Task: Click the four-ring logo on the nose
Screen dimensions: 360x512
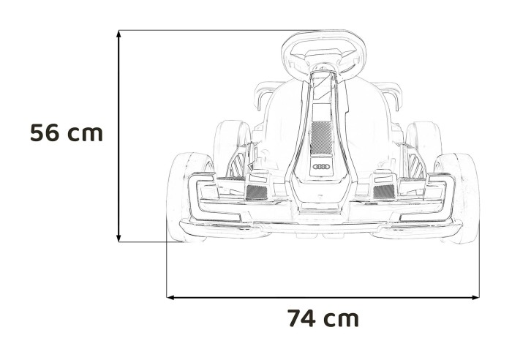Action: (x=322, y=167)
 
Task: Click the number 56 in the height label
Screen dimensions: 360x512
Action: (x=45, y=133)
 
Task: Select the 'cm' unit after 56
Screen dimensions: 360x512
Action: (x=86, y=134)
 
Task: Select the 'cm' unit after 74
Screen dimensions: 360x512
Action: (x=342, y=320)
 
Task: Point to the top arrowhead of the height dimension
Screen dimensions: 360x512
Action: (x=118, y=34)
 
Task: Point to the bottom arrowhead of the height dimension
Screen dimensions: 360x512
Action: (x=118, y=237)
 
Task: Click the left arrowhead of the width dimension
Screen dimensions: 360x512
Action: (x=171, y=297)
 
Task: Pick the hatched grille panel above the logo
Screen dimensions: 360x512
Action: (x=321, y=136)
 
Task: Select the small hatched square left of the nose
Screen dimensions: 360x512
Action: (x=257, y=192)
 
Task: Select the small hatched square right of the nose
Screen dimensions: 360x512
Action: (x=383, y=192)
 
